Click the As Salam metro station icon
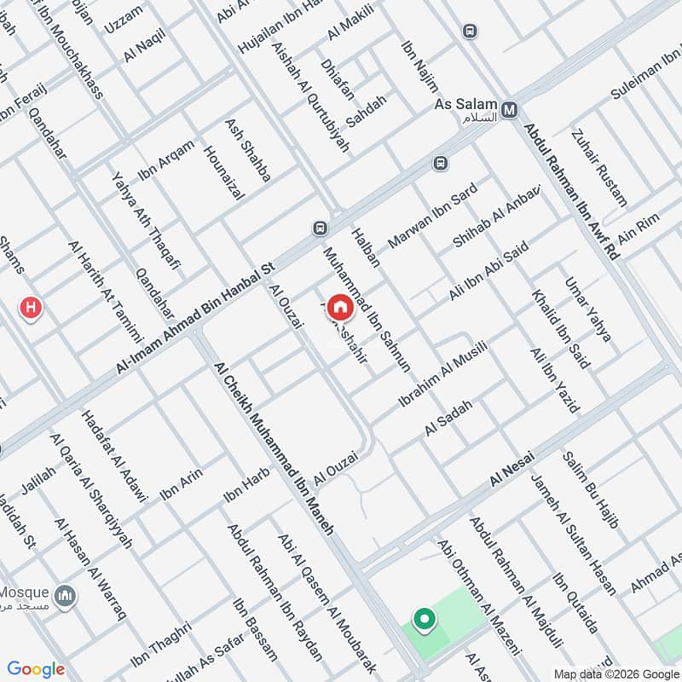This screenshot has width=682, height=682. pyautogui.click(x=511, y=110)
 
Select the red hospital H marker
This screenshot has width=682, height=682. pyautogui.click(x=32, y=308)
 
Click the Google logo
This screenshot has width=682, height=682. pyautogui.click(x=36, y=669)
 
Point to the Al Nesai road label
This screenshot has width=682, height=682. pyautogui.click(x=511, y=471)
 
